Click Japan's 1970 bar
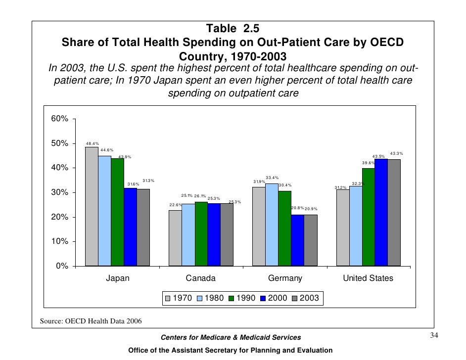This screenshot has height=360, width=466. point(92,207)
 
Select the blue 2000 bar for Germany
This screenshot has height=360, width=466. point(298,240)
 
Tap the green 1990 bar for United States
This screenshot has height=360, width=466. point(369,217)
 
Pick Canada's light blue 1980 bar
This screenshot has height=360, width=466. point(188,235)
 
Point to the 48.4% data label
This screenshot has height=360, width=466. point(92,143)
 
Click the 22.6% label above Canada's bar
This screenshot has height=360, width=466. point(176,205)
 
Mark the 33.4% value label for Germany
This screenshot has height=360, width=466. point(272,178)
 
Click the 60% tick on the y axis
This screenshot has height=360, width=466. point(60,119)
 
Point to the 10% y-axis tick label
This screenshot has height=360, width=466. point(60,242)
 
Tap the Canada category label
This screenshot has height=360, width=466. point(200,278)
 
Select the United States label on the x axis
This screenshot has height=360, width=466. point(368,278)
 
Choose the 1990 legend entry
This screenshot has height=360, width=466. point(242,298)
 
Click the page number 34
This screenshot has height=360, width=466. point(434,336)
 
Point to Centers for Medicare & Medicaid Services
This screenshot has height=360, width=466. point(231,337)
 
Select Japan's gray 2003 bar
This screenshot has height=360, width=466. point(143,227)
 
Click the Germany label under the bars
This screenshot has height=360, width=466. point(285,278)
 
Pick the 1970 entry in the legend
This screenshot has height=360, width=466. point(179,298)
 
